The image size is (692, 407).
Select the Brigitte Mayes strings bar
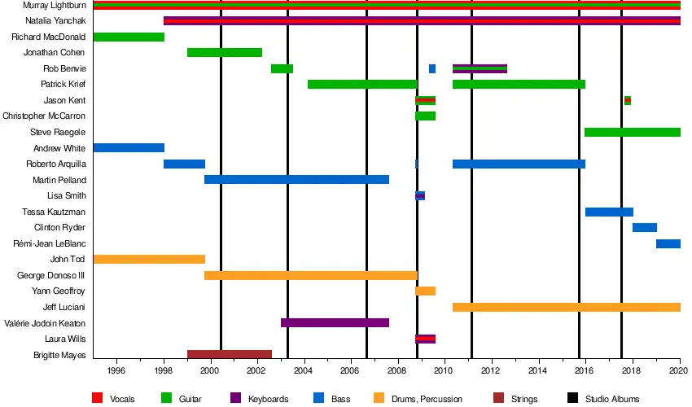point(230,355)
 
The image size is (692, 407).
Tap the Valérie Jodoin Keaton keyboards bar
point(335,323)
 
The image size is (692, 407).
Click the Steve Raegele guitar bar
point(633,132)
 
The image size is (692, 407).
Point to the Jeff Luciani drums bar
point(567,307)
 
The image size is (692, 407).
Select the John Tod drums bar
point(149,260)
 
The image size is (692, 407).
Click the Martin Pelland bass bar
point(296,180)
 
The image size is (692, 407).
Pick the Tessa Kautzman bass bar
point(609,212)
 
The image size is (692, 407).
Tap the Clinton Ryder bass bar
point(645,228)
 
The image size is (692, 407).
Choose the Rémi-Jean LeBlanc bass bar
point(668,243)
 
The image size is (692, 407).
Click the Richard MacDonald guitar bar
point(129,37)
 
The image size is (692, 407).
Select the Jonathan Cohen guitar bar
point(225,53)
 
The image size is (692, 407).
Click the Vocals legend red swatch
point(97,398)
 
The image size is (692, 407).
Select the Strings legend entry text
point(524,399)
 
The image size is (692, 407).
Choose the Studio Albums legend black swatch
point(572,398)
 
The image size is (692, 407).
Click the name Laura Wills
point(65,339)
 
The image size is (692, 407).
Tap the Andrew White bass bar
point(129,148)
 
